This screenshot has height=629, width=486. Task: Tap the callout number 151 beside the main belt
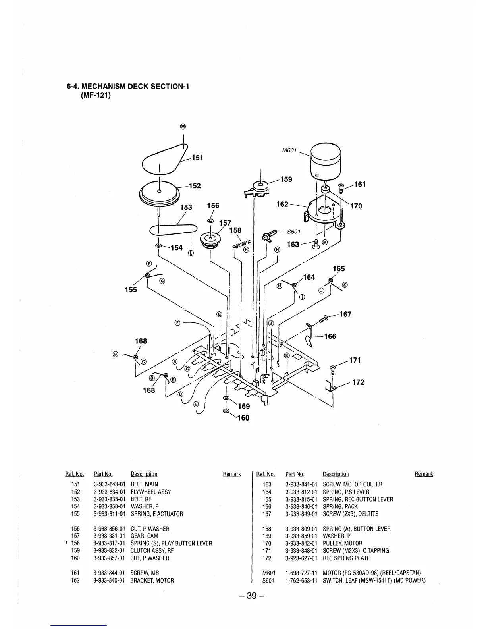tap(197, 158)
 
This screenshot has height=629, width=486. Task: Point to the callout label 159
tap(286, 179)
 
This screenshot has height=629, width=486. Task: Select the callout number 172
tap(358, 382)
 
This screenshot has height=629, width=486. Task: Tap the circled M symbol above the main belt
tap(183, 127)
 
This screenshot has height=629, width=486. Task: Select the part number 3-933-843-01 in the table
tap(109, 484)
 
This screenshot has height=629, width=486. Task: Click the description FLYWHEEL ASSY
tap(151, 492)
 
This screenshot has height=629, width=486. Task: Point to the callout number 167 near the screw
tap(345, 314)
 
